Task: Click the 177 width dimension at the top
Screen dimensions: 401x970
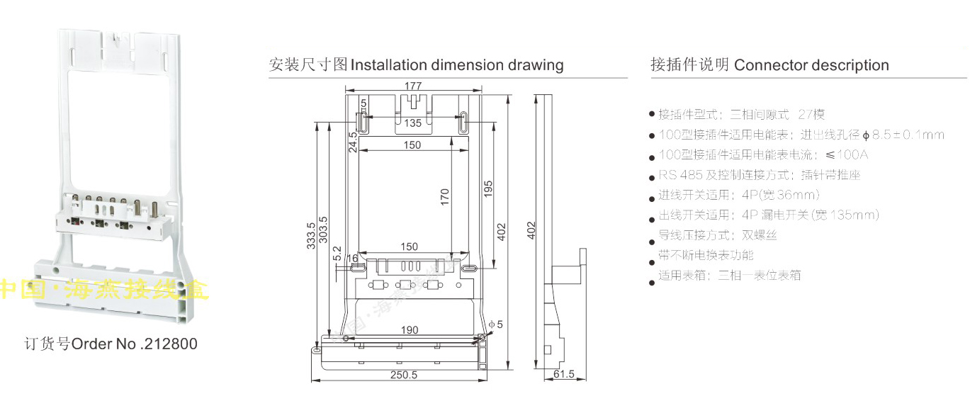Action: click(x=413, y=86)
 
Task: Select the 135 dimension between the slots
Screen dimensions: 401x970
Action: click(x=413, y=123)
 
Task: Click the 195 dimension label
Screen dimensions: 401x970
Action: click(x=488, y=189)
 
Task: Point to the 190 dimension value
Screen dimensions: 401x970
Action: click(x=409, y=329)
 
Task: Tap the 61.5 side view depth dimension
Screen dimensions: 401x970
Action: click(x=564, y=374)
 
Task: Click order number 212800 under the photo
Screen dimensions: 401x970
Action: click(x=170, y=344)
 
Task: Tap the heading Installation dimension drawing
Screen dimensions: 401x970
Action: click(x=457, y=65)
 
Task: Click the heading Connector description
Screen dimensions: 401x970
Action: click(x=811, y=65)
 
